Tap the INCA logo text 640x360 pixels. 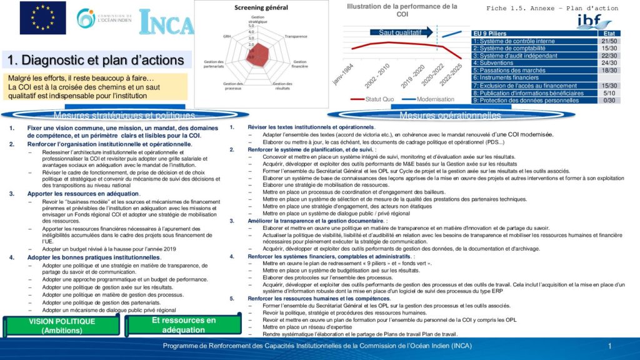coord(166,22)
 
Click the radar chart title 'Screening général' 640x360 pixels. coord(261,7)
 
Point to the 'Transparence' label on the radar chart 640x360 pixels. coord(296,36)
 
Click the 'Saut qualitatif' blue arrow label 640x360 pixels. coord(401,32)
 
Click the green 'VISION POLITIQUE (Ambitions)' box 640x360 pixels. coord(62,326)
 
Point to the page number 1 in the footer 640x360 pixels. coord(609,346)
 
